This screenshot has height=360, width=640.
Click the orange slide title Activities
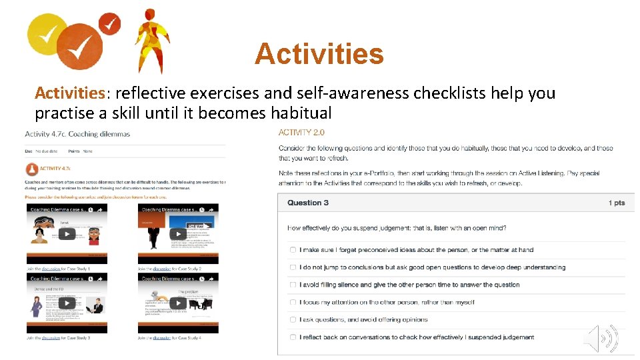(x=319, y=54)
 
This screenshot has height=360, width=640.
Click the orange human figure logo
(x=152, y=40)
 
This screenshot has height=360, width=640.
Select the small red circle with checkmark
(x=109, y=25)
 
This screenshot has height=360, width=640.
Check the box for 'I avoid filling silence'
(x=293, y=285)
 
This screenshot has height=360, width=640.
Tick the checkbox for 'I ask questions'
(x=293, y=319)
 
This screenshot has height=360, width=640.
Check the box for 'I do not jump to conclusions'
(x=293, y=267)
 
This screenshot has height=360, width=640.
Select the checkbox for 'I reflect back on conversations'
(x=293, y=337)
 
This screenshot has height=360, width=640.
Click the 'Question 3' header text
(x=308, y=203)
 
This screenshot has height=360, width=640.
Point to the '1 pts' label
(x=617, y=203)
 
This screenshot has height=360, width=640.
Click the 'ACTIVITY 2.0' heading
(x=301, y=133)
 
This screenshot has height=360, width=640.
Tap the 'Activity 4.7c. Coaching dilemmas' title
(x=77, y=134)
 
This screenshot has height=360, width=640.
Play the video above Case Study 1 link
(x=67, y=234)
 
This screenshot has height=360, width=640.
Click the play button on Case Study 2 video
(x=178, y=234)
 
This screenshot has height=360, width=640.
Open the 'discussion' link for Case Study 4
(x=161, y=338)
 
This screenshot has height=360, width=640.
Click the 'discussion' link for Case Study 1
(x=51, y=269)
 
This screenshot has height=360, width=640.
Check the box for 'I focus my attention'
(x=293, y=302)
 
